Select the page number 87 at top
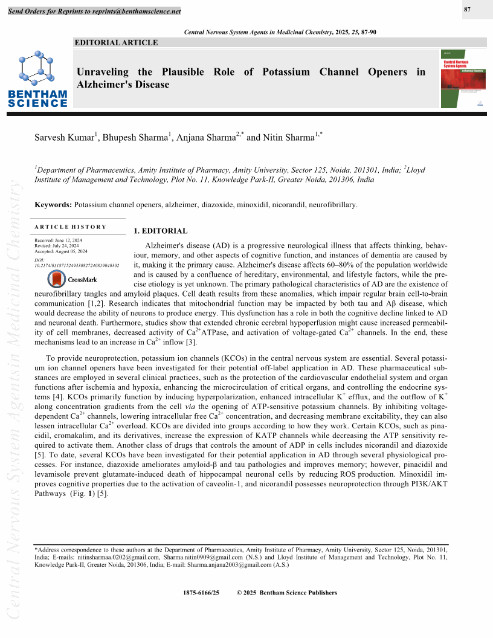tap(468, 9)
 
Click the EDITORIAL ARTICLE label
tap(115, 42)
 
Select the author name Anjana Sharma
tap(205, 138)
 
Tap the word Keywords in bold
tap(53, 205)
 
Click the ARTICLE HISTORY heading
tap(71, 227)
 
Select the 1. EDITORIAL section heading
tap(160, 231)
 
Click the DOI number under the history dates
tap(77, 265)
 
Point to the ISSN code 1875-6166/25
tap(201, 593)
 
